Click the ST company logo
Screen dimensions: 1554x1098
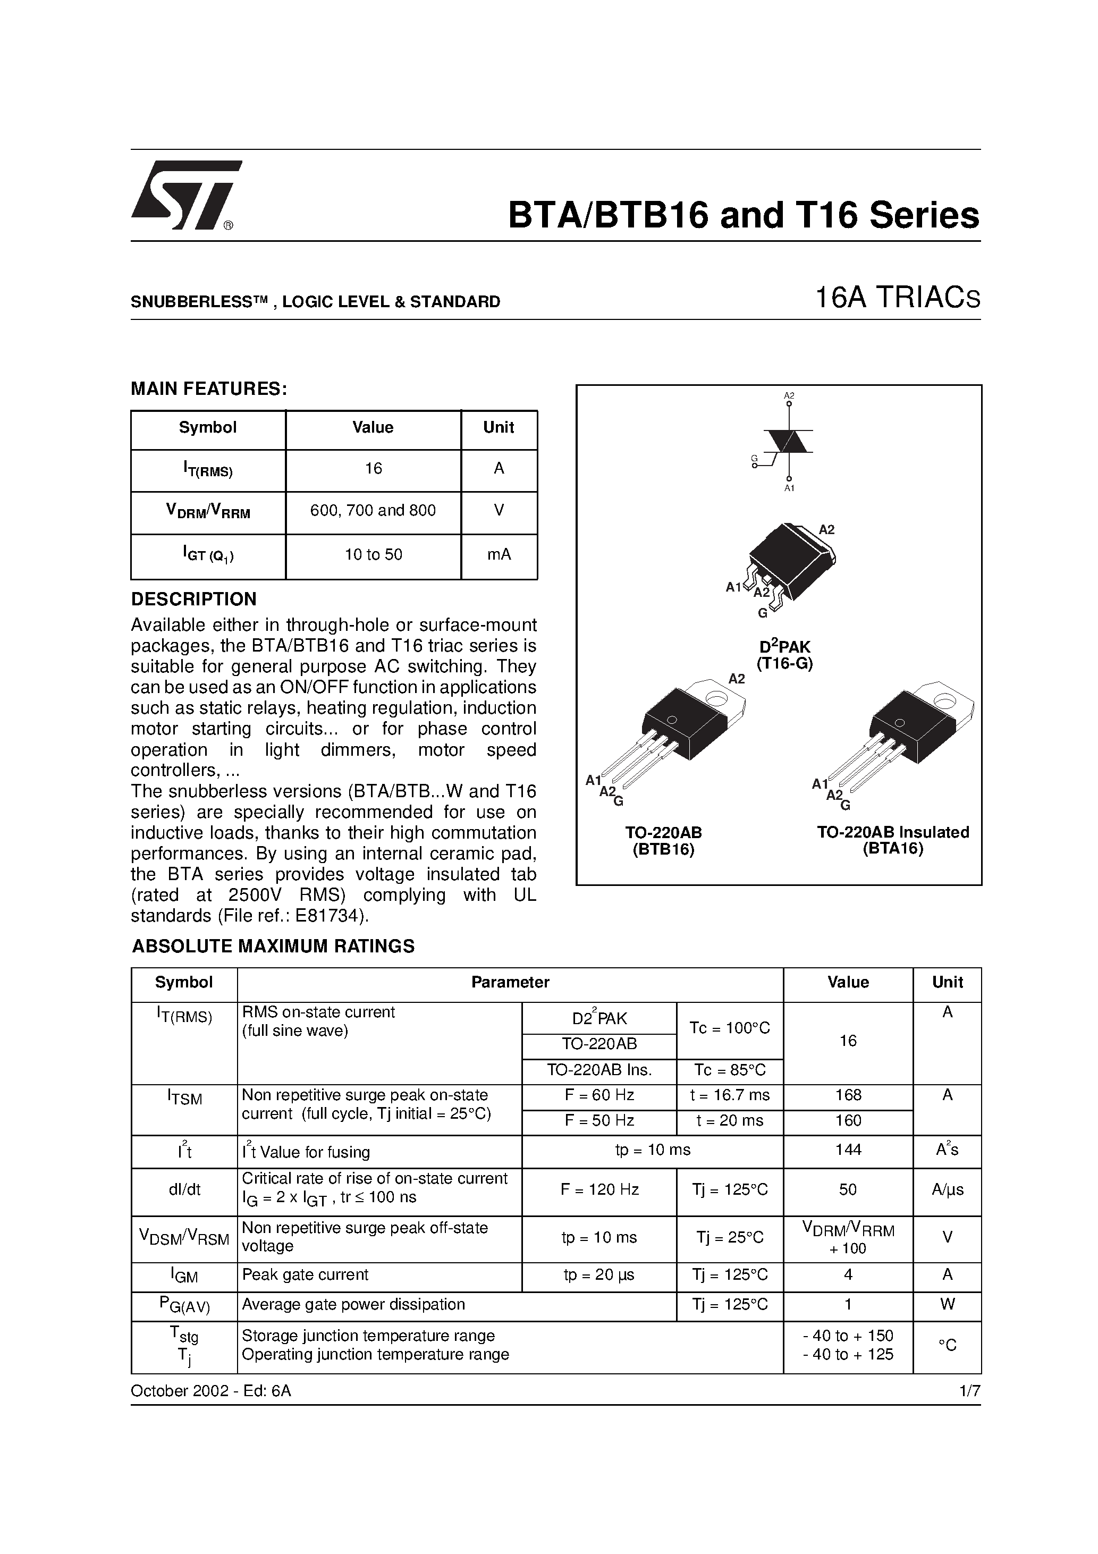[x=184, y=195]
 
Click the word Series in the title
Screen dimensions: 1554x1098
[x=924, y=215]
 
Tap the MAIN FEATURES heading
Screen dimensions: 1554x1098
[x=209, y=388]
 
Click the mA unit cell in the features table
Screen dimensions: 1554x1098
[x=499, y=554]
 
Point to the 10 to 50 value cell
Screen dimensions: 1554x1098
[x=373, y=554]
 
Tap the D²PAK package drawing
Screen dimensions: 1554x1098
[x=791, y=562]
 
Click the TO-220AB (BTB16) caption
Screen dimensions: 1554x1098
[x=663, y=841]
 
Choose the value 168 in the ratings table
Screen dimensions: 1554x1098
[x=848, y=1095]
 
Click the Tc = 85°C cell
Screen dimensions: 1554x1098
[x=729, y=1070]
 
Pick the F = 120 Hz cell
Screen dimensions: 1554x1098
[x=599, y=1189]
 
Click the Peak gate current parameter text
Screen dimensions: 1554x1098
[x=305, y=1274]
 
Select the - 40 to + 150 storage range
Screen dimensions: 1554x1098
[x=848, y=1336]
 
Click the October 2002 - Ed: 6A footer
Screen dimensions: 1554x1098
[x=210, y=1391]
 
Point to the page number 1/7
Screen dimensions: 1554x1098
[x=969, y=1391]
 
